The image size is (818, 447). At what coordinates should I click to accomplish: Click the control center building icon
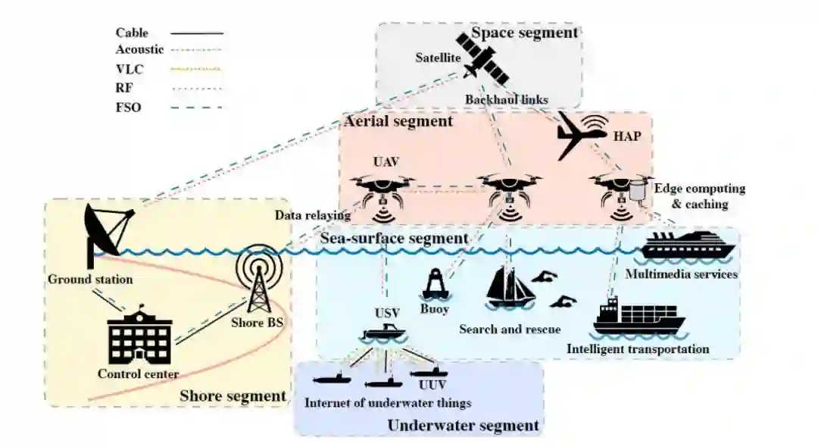139,336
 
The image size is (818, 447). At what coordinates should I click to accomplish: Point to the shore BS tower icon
258,280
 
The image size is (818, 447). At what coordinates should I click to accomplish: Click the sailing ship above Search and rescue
506,287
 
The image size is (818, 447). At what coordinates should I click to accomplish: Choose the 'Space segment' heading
524,33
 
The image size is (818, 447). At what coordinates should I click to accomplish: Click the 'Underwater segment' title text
463,425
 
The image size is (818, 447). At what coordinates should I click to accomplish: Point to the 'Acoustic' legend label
139,49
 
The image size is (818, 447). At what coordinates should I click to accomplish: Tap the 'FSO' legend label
129,108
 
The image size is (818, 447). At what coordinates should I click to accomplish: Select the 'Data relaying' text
313,215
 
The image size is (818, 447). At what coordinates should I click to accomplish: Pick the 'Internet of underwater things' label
387,402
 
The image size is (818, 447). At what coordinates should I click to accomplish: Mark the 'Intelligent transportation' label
638,349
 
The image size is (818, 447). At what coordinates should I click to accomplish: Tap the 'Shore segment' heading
233,395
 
